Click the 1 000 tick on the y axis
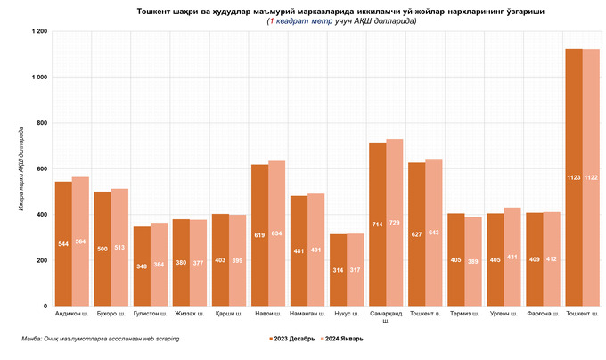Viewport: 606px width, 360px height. coord(38,77)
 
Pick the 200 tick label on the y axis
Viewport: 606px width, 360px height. coord(40,260)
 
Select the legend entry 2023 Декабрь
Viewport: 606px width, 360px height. coord(291,339)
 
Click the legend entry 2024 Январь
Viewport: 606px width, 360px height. coord(342,339)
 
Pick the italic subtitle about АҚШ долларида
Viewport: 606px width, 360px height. coord(341,20)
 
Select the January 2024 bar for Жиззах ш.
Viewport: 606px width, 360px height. coord(199,263)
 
